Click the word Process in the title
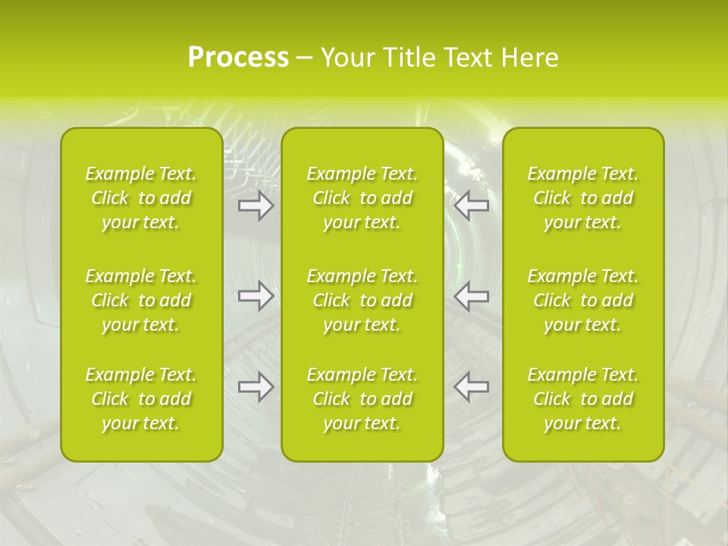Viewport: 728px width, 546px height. click(238, 58)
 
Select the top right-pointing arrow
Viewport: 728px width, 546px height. click(256, 206)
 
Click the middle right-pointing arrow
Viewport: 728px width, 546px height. click(256, 296)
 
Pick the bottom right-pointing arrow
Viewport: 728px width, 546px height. click(256, 387)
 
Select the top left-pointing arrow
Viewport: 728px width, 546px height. click(471, 206)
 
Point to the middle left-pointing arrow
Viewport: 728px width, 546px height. click(471, 296)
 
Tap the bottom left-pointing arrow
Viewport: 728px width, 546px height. click(471, 387)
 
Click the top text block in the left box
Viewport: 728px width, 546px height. click(141, 198)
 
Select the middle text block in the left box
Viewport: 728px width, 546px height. click(141, 300)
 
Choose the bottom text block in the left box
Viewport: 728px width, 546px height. click(141, 399)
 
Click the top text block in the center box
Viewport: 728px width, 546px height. click(362, 198)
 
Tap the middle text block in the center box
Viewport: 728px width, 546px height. click(362, 300)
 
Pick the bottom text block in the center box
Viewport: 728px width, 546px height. click(362, 399)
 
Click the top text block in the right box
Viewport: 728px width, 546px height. click(582, 198)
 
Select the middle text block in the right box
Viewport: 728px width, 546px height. click(582, 300)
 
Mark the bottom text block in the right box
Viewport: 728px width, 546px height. click(582, 399)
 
